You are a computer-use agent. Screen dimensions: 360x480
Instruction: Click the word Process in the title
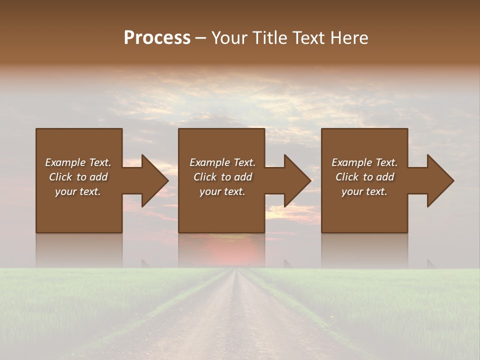pyautogui.click(x=157, y=38)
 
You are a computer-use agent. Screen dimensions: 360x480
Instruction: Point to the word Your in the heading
pyautogui.click(x=228, y=38)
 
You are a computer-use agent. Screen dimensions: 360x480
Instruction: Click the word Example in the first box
pyautogui.click(x=65, y=162)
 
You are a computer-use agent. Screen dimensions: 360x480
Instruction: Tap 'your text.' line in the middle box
pyautogui.click(x=222, y=191)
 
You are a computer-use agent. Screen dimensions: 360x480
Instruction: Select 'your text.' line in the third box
pyautogui.click(x=364, y=191)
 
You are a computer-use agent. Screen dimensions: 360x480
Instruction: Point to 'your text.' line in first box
pyautogui.click(x=77, y=191)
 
